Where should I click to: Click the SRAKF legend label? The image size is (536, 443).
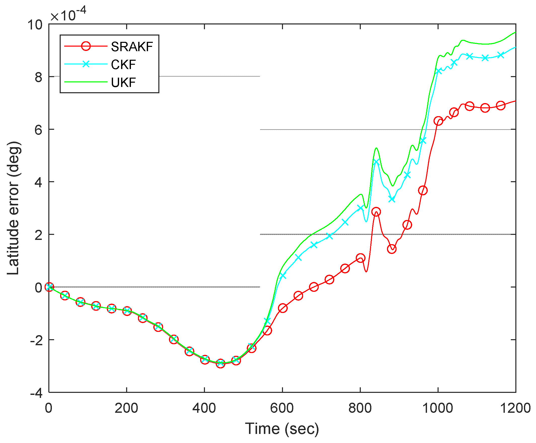[x=132, y=47]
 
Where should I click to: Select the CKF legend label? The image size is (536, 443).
[x=123, y=65]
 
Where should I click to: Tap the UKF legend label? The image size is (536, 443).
[x=123, y=82]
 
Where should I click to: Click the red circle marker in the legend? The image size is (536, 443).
[x=86, y=46]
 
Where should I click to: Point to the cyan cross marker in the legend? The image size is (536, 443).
[x=86, y=64]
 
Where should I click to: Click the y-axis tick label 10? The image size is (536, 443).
[x=35, y=25]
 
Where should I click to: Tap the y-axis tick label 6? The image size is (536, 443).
[x=38, y=130]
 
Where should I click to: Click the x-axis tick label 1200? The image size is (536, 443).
[x=515, y=408]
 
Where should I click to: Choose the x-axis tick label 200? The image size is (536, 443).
[x=126, y=408]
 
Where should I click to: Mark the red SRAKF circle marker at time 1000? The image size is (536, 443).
[x=438, y=121]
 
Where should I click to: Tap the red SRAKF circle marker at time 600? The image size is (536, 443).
[x=282, y=308]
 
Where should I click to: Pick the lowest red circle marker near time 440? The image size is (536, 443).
[x=220, y=363]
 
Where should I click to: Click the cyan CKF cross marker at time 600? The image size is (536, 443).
[x=282, y=276]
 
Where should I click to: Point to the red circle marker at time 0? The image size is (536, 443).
[x=49, y=287]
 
